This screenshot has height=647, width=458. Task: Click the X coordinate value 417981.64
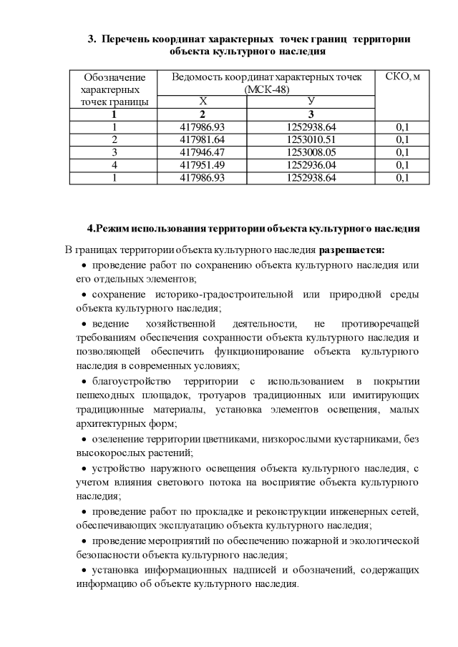pos(203,139)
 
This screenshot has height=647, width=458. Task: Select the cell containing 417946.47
pos(203,152)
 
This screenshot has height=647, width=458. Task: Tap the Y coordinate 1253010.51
pos(311,139)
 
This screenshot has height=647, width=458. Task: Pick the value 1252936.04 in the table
pos(311,165)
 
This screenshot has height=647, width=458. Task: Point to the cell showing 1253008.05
pos(311,152)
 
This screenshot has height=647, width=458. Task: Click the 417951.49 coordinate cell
pos(203,165)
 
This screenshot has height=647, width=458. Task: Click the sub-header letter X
pos(203,102)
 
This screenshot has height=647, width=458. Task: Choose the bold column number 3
pos(311,114)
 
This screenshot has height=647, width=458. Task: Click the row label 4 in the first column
pos(114,165)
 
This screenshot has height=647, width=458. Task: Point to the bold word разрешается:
pos(351,250)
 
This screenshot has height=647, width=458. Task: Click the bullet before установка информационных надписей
pos(84,570)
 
